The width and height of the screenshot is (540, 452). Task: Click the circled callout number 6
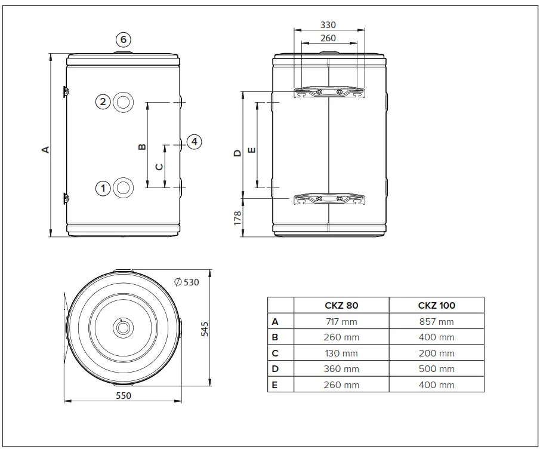point(123,40)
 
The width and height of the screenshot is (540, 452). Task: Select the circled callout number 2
point(103,102)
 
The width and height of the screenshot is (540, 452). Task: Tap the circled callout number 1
point(103,188)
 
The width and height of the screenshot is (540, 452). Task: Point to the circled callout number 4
point(194,142)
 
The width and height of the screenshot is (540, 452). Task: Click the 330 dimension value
point(328,25)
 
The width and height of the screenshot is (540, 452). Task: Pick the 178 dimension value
point(237,218)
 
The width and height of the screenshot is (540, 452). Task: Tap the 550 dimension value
point(123,395)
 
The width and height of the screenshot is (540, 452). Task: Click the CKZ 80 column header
point(341,305)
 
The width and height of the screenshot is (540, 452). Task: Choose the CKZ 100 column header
point(436,305)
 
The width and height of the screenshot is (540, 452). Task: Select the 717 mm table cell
point(341,321)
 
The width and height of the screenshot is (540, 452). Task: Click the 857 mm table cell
point(436,321)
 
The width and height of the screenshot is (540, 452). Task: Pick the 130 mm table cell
point(341,353)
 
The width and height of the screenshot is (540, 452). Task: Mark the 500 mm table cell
point(436,369)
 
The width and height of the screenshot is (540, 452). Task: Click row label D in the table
point(275,369)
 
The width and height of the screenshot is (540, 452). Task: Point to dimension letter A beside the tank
point(45,149)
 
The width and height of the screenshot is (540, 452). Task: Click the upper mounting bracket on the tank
point(329,93)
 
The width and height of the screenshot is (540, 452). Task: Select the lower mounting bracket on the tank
point(329,199)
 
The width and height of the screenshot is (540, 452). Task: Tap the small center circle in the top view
point(122,327)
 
